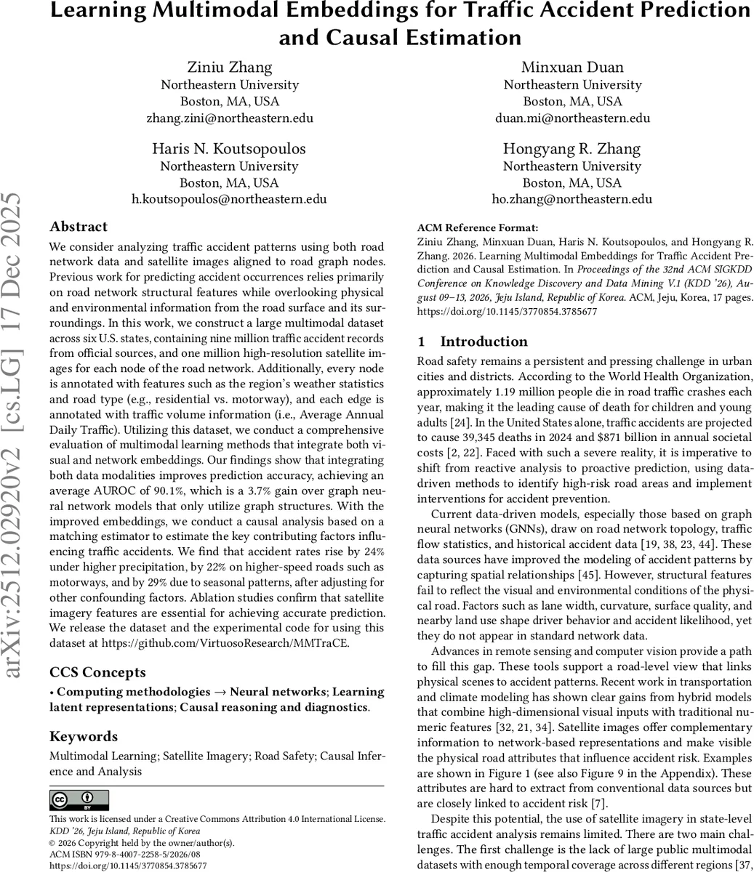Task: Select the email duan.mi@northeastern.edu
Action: (x=573, y=118)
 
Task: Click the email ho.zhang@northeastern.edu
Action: (x=573, y=199)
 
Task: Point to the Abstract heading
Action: (x=79, y=227)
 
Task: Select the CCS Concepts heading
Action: (x=97, y=672)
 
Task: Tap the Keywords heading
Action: (x=84, y=736)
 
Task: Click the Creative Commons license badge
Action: (x=79, y=800)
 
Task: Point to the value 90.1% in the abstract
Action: (x=118, y=475)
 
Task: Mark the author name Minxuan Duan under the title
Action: (x=573, y=68)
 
